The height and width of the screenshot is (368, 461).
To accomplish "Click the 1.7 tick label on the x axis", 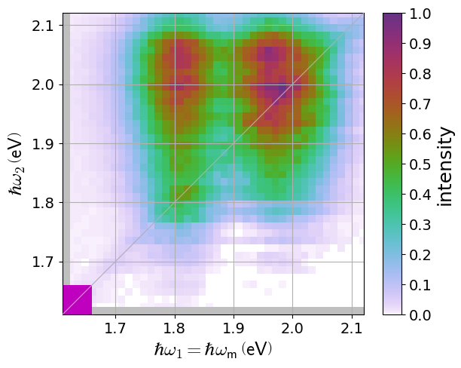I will coord(115,329).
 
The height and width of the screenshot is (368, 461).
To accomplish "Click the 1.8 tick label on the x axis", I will coord(175,329).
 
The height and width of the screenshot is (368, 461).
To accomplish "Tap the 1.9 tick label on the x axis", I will coord(234,329).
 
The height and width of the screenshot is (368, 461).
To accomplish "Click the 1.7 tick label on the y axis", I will coord(43,262).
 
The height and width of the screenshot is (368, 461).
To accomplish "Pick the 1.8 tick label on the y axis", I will coord(43,203).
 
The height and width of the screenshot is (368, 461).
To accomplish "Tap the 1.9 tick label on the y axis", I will coord(43,143).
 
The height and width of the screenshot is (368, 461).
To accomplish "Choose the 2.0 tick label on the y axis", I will coord(43,84).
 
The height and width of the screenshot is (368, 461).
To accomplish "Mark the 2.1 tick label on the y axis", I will coord(43,26).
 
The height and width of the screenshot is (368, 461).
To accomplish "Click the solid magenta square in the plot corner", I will coord(77,299).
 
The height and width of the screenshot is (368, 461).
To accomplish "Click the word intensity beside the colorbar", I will coord(445,164).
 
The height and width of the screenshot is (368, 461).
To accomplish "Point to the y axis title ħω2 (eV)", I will coord(17,164).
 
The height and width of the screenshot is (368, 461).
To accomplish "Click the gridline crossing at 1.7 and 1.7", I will coord(115,262).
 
